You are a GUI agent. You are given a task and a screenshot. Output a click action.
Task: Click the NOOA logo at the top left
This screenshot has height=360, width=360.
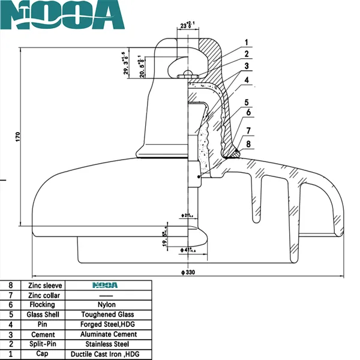point(62,17)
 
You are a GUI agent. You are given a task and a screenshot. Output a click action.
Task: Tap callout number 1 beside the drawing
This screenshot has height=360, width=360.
point(246,42)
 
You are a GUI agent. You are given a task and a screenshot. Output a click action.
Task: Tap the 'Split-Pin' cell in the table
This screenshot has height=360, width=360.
point(41,344)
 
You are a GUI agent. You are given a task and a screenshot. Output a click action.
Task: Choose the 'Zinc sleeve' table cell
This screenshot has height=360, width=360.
point(41,284)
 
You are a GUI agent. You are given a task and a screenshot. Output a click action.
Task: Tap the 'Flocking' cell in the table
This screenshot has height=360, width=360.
point(41,304)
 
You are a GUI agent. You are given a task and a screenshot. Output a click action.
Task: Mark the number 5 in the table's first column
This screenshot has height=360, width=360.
point(10,314)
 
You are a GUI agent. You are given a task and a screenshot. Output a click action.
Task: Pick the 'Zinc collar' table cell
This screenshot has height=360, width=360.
point(41,295)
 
